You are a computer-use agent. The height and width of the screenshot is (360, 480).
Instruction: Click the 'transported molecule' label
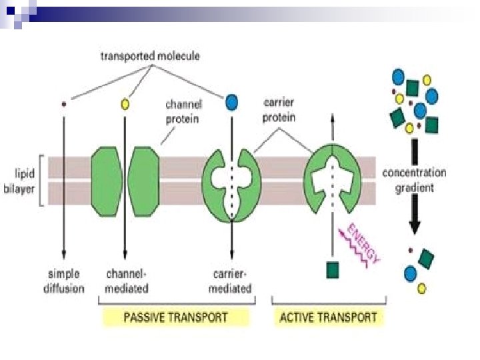click(x=149, y=56)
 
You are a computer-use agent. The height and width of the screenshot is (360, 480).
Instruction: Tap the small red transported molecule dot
click(x=64, y=103)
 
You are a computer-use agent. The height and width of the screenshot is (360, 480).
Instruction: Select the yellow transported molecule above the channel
click(x=125, y=105)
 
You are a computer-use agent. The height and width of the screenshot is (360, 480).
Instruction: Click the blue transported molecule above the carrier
click(x=231, y=102)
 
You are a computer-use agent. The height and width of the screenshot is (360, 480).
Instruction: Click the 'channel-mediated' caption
click(x=127, y=281)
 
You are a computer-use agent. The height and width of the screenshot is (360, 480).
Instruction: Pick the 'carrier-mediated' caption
click(x=231, y=281)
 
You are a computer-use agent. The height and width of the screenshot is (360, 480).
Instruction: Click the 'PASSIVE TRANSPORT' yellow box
click(x=175, y=317)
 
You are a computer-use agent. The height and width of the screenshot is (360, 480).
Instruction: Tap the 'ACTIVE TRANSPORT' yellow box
click(x=328, y=317)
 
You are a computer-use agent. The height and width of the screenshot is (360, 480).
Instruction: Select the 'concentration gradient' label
click(x=414, y=180)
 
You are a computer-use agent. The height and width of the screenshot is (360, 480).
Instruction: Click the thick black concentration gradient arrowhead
click(x=415, y=227)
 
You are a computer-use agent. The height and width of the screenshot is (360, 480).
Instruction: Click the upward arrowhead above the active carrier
click(x=332, y=119)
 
